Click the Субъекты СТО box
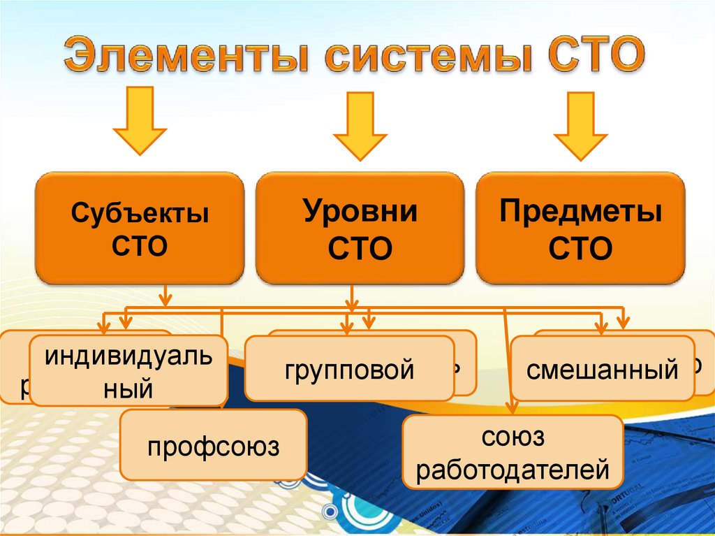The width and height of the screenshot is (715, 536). [x=140, y=229]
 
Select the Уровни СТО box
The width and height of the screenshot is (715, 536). [x=360, y=229]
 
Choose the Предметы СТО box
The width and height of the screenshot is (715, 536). [x=580, y=229]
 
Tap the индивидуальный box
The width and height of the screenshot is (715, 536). [x=128, y=370]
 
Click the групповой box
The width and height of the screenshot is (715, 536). [x=349, y=368]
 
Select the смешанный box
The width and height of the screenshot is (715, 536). [x=602, y=368]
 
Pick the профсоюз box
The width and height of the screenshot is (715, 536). [x=213, y=444]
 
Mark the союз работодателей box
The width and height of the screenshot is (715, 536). [x=512, y=453]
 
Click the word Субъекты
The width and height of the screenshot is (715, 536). [x=140, y=212]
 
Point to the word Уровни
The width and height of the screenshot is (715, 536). [x=360, y=211]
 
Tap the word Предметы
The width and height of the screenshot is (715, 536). [x=580, y=211]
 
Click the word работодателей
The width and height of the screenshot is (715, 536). [x=512, y=470]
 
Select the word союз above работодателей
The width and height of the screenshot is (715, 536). [x=512, y=438]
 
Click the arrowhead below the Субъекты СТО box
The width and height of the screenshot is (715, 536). [x=165, y=300]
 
